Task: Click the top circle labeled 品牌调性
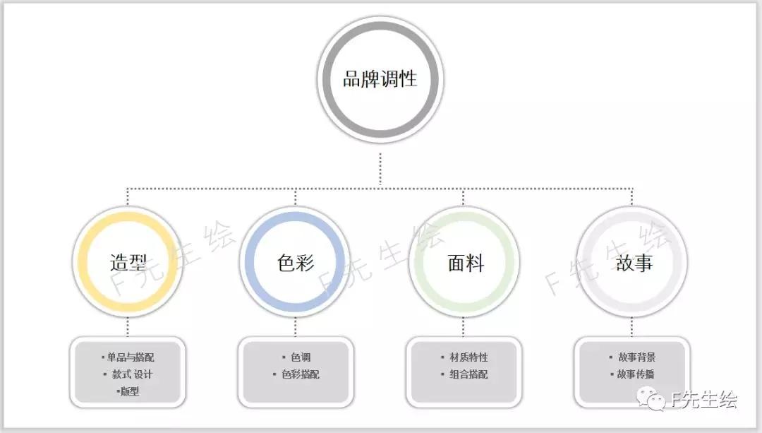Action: coord(380,78)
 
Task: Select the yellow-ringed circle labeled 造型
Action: coord(128,262)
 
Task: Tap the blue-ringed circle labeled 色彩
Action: coord(295,262)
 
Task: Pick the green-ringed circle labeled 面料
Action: coord(464,262)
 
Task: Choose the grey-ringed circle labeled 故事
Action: coord(632,262)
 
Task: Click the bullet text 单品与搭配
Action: coord(131,357)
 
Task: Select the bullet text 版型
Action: coord(129,391)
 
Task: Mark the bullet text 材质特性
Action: coord(468,357)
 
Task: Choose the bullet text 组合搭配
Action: coord(468,374)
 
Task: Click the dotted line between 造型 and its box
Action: coord(128,326)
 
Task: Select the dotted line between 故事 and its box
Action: coord(632,326)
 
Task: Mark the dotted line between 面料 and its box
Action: coord(464,326)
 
